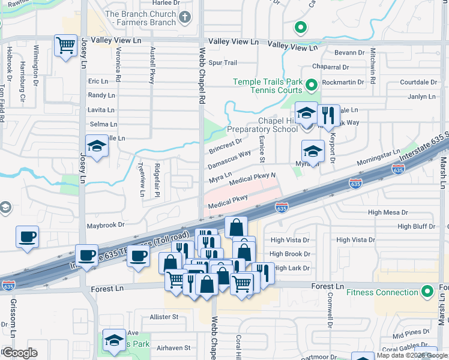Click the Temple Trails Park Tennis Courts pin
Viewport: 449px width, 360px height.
coord(311,86)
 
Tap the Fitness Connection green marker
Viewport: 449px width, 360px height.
coord(427,292)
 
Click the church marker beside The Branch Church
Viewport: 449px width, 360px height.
coord(185,17)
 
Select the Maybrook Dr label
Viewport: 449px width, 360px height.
coord(105,226)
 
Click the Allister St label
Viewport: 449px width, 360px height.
coord(164,316)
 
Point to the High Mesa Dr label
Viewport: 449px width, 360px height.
coord(388,212)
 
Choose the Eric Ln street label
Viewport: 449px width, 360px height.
coord(97,81)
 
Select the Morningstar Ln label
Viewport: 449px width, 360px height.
coord(378,159)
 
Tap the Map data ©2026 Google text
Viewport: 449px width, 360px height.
coord(412,355)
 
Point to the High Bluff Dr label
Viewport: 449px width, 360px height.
coord(416,226)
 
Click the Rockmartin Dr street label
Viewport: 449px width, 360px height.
coord(343,82)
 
